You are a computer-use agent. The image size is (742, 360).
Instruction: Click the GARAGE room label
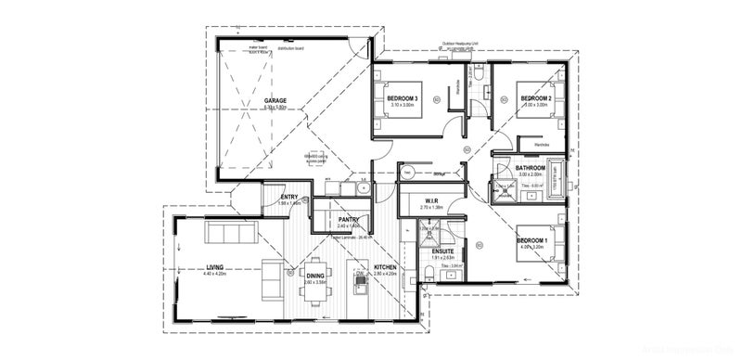point(275,100)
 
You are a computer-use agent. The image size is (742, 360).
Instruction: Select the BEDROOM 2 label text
point(535,98)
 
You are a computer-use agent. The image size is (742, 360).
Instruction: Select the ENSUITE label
point(441,251)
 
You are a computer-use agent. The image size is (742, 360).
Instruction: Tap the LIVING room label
point(213,268)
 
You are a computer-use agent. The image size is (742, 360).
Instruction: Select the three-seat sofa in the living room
point(228,231)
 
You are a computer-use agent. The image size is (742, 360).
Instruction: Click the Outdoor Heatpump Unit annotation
point(462,45)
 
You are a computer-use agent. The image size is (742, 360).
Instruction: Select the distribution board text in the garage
point(292,48)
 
